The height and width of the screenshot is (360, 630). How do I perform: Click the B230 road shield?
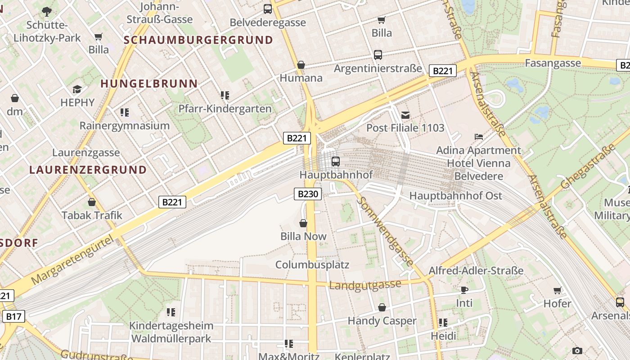(x=308, y=194)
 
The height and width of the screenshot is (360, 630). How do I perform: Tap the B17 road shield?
(x=13, y=316)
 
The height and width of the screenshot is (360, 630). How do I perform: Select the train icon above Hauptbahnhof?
(x=335, y=161)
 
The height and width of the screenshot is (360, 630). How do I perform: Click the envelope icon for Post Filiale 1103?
(x=405, y=115)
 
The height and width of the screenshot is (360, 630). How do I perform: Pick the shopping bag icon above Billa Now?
(x=303, y=223)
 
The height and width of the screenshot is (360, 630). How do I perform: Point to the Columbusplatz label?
(x=312, y=265)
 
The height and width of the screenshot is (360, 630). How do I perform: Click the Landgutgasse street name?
(x=364, y=285)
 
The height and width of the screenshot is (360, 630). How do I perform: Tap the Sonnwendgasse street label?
(x=385, y=231)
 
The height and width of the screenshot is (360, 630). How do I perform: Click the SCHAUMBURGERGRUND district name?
(x=198, y=40)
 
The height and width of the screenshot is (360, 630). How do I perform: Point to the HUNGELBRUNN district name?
(x=149, y=84)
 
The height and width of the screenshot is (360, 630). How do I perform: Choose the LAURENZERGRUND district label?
(x=88, y=170)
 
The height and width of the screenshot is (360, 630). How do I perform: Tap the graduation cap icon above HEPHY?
(x=77, y=89)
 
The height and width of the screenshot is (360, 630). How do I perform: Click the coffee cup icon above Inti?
(x=464, y=290)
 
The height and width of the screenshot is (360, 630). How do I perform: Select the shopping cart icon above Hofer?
(x=558, y=290)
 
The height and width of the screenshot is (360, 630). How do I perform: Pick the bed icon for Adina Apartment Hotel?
(x=479, y=136)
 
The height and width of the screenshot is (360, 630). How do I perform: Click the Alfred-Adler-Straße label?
(x=476, y=270)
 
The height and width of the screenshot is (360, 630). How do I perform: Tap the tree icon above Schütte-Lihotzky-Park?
(x=47, y=11)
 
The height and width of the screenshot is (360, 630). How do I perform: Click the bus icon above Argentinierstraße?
(x=378, y=55)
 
